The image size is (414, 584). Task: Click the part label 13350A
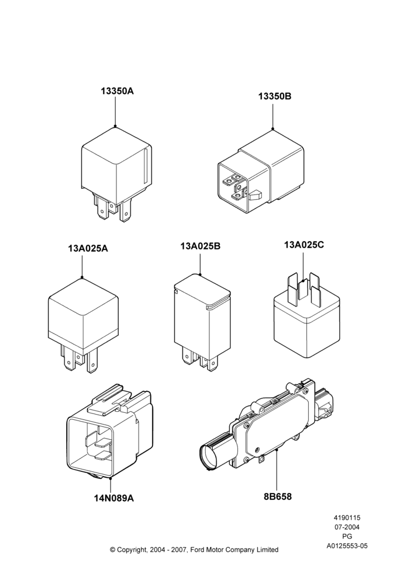click(117, 91)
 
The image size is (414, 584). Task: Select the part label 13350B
click(275, 96)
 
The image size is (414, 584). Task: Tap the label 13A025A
click(88, 248)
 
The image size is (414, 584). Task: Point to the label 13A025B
click(201, 246)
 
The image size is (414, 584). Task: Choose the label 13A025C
click(304, 245)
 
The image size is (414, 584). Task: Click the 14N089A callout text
click(114, 498)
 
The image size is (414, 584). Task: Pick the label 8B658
click(278, 496)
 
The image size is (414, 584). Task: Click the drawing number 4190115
click(347, 517)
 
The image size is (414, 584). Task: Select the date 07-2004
click(347, 527)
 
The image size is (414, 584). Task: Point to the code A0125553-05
click(347, 546)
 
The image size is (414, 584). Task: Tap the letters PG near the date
click(347, 537)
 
